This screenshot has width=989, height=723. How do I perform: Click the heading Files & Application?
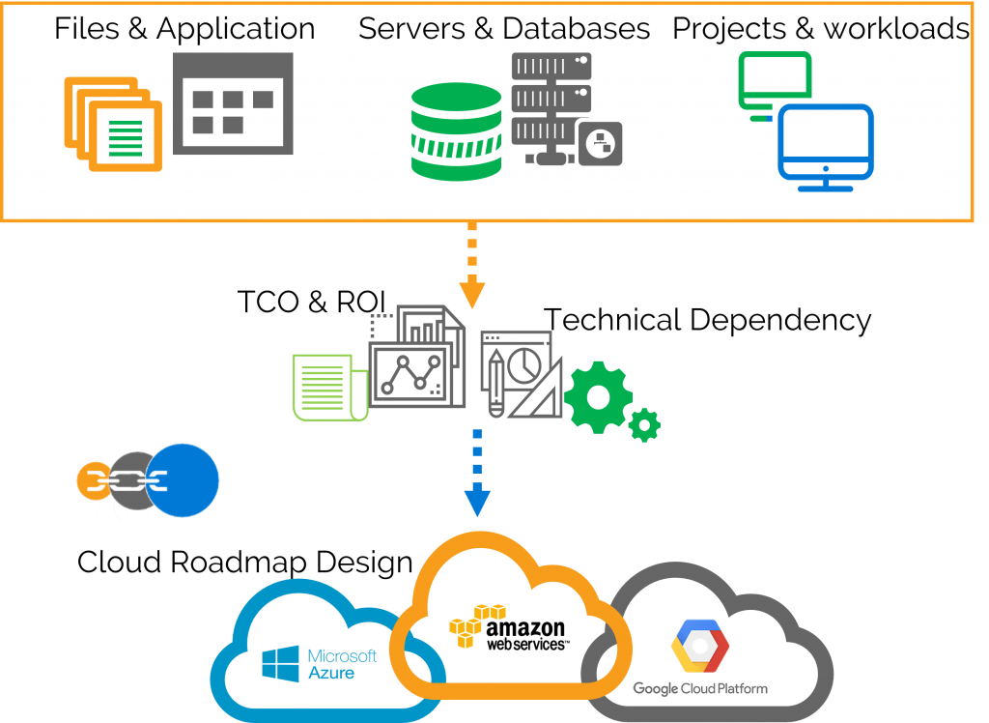(x=184, y=29)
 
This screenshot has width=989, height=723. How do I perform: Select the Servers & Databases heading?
(x=503, y=29)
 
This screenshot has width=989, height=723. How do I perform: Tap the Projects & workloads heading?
(x=820, y=29)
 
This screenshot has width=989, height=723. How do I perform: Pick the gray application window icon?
(x=233, y=103)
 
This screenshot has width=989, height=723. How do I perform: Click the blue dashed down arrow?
(x=477, y=473)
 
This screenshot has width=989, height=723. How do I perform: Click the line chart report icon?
(x=410, y=362)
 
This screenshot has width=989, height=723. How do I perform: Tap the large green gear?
(x=597, y=396)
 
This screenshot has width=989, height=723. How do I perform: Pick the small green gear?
(x=644, y=424)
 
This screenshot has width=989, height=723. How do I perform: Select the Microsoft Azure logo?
(x=319, y=663)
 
